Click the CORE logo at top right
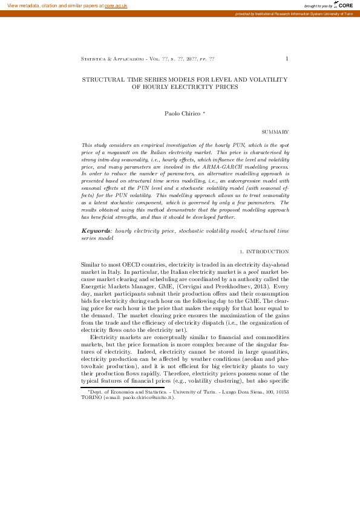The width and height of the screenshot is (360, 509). coord(342,5)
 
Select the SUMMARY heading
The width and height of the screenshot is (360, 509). coord(275,131)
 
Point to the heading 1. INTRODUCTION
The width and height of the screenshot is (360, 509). coord(264,251)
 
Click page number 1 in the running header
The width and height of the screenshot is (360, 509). coord(287,59)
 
